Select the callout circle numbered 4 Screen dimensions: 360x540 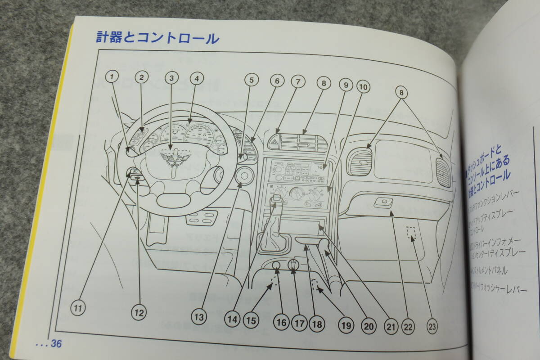(195, 79)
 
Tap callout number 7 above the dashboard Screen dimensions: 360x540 (297, 81)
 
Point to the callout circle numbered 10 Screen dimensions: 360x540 (363, 85)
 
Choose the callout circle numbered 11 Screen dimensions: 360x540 (78, 308)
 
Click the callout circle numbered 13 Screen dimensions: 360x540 (199, 317)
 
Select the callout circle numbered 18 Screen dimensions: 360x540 (317, 324)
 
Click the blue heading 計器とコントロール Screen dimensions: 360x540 (157, 37)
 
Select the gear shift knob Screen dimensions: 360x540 (276, 202)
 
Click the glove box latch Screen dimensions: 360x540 (383, 203)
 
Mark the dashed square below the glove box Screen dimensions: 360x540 (411, 233)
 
